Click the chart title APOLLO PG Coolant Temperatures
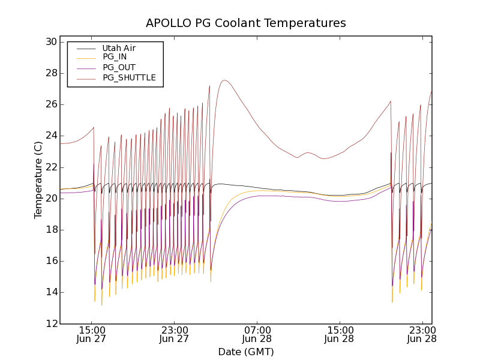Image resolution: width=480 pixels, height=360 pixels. (x=245, y=23)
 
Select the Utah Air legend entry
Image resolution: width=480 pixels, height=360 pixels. (x=118, y=48)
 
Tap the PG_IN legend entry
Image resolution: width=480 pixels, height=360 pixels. (x=115, y=57)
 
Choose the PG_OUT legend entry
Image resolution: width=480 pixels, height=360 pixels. (x=119, y=67)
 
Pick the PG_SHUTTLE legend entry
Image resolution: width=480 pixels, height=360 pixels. (x=129, y=77)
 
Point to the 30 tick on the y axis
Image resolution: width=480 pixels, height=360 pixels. (x=50, y=42)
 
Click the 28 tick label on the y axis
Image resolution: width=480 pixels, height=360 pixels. (x=50, y=73)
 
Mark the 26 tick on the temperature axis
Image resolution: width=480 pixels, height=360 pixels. (x=50, y=104)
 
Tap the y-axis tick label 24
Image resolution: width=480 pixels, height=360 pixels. (x=50, y=136)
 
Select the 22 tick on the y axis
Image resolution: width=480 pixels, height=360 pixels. (x=50, y=167)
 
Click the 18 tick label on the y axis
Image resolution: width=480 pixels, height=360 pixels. (x=50, y=230)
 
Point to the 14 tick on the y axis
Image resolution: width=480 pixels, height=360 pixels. (x=50, y=292)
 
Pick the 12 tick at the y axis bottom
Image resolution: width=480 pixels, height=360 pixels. (x=50, y=323)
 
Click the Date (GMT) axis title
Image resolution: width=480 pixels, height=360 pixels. (x=245, y=352)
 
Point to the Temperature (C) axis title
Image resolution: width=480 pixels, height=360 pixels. (x=38, y=180)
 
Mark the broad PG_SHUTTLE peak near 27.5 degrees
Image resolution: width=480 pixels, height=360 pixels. (x=224, y=80)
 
